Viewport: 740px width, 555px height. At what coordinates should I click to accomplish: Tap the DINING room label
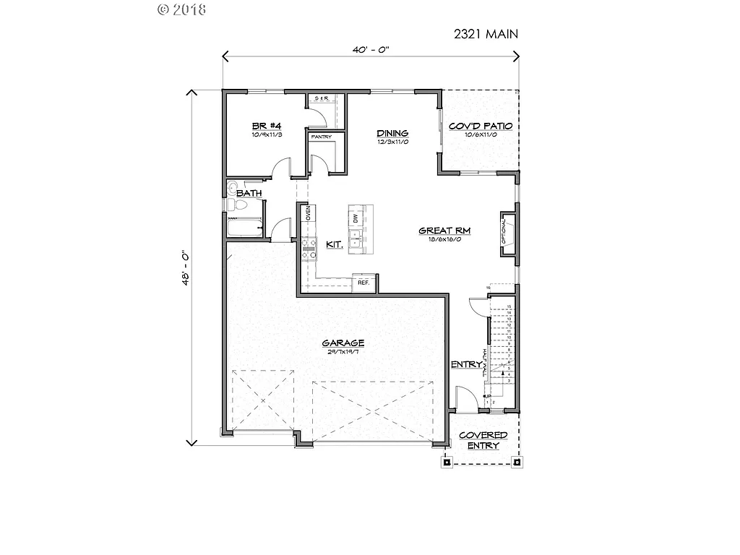click(x=392, y=133)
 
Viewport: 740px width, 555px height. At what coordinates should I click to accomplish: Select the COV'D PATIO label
click(x=480, y=126)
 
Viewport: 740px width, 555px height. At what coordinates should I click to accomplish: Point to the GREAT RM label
click(x=444, y=231)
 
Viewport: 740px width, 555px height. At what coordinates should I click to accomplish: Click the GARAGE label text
click(x=343, y=343)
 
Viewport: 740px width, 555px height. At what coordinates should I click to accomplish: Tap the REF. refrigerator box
click(x=363, y=283)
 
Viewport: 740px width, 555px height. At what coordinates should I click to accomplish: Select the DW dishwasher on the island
click(x=355, y=218)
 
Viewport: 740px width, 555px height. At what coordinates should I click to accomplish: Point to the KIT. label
click(x=334, y=245)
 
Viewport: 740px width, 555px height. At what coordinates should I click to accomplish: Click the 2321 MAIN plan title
click(x=486, y=33)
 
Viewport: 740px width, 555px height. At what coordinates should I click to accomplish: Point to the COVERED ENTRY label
click(x=483, y=441)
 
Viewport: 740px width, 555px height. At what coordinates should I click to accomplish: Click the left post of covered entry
click(x=447, y=462)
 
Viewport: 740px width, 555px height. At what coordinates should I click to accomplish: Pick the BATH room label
click(x=249, y=193)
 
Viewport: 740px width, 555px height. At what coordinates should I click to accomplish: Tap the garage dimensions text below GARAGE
click(x=343, y=352)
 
